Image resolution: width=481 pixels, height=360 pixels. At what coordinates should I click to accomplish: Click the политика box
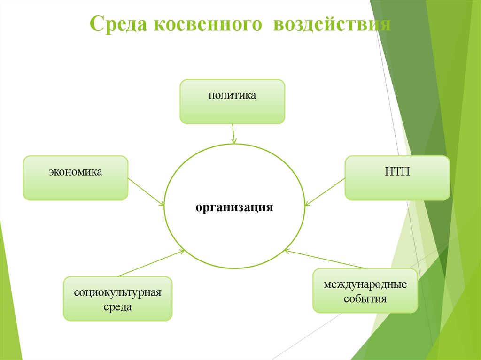point(233,102)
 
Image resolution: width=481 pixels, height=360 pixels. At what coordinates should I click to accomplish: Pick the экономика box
point(75,178)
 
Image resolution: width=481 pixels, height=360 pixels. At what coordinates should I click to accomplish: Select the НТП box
point(397,178)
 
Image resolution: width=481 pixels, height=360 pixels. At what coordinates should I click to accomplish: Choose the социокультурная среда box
point(118,299)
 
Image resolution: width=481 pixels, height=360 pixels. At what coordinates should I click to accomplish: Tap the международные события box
point(365,291)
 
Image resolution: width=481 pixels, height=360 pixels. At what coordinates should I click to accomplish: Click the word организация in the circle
point(234,207)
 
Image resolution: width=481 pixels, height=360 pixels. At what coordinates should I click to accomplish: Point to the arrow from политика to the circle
point(233,133)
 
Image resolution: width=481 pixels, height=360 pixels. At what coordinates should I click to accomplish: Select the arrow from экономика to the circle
point(146,191)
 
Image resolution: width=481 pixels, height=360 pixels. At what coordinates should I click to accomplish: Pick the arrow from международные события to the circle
point(324,259)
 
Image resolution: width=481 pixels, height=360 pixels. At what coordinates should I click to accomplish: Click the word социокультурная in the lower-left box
point(118,292)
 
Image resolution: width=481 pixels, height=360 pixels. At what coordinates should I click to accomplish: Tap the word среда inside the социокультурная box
point(118,307)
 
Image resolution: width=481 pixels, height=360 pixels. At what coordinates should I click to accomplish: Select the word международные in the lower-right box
point(365,284)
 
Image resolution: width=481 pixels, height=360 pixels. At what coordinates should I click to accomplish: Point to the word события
point(365,299)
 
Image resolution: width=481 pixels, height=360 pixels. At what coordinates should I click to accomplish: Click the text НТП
point(397,172)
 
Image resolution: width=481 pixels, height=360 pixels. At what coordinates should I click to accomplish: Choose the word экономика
point(75,172)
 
